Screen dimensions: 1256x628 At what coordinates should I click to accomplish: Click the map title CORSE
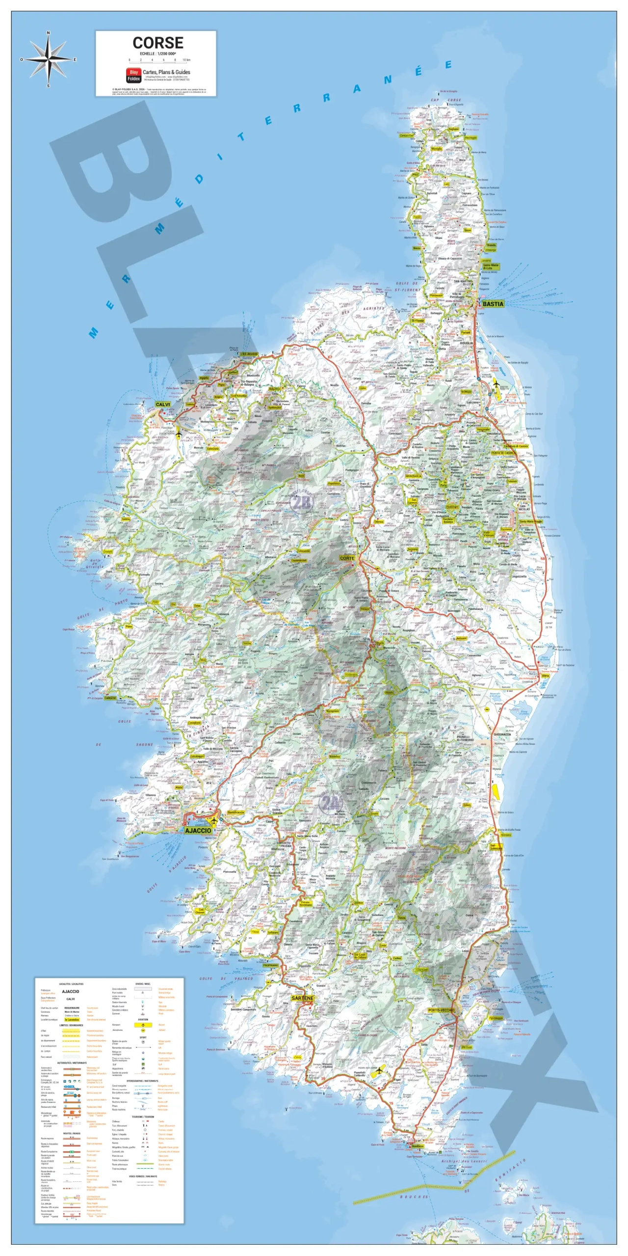[158, 43]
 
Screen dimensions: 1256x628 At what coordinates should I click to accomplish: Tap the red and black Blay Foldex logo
[133, 75]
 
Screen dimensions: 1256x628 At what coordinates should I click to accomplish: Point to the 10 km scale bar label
[186, 60]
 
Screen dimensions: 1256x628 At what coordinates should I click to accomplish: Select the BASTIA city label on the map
[493, 304]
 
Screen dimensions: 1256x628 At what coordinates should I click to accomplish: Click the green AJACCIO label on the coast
[198, 830]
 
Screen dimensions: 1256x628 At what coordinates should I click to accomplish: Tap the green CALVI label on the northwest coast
[163, 404]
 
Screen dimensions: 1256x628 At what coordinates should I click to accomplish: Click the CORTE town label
[347, 558]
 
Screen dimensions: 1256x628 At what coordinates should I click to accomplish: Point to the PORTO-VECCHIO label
[441, 1010]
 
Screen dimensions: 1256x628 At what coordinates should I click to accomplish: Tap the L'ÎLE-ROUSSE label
[249, 354]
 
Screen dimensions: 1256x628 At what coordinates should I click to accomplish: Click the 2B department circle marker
[301, 502]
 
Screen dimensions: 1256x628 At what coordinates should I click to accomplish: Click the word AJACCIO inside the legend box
[71, 991]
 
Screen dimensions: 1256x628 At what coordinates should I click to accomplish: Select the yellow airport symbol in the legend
[143, 1025]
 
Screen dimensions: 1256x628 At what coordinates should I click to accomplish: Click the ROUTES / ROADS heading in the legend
[72, 1133]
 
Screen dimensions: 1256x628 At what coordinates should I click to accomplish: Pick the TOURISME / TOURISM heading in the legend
[143, 1117]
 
